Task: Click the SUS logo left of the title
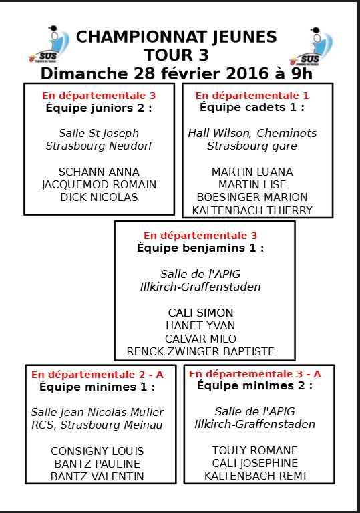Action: coord(49,44)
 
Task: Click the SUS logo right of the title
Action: coord(311,47)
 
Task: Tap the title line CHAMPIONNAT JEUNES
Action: coord(176,37)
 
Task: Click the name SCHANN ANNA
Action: coord(99,172)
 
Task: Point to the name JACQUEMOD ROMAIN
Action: coord(99,185)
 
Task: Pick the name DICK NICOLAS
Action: coord(99,197)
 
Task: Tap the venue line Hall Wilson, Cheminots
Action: coord(252,133)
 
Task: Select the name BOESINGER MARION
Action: coord(252,197)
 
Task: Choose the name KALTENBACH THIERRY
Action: coord(252,210)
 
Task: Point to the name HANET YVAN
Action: coord(200,325)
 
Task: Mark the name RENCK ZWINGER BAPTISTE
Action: coord(200,351)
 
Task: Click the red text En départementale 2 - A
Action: coord(98,375)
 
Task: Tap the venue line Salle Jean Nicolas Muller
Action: coord(98,412)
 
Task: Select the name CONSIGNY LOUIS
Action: coord(98,451)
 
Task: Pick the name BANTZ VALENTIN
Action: coord(98,476)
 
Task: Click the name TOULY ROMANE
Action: coord(254,450)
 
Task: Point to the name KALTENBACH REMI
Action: coord(255,476)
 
